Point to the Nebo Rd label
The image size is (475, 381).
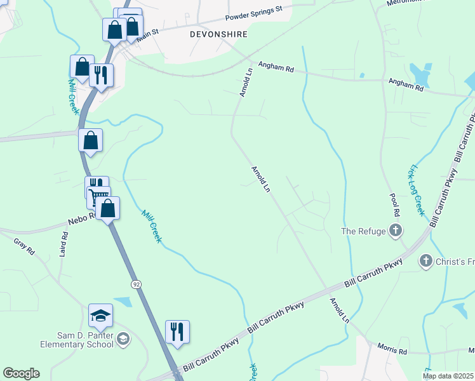pyautogui.click(x=81, y=219)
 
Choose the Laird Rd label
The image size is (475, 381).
pyautogui.click(x=64, y=243)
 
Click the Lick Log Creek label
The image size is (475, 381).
pyautogui.click(x=416, y=190)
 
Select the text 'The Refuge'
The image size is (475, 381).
pyautogui.click(x=363, y=231)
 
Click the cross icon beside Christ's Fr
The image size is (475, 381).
pyautogui.click(x=426, y=260)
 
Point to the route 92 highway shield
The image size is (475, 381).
pyautogui.click(x=136, y=284)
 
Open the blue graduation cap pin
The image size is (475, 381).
pyautogui.click(x=100, y=315)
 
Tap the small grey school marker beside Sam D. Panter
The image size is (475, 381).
pyautogui.click(x=123, y=340)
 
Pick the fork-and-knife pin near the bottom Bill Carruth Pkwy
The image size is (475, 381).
pyautogui.click(x=178, y=331)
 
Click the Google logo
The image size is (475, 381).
pyautogui.click(x=21, y=373)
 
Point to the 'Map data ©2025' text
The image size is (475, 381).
pyautogui.click(x=448, y=376)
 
